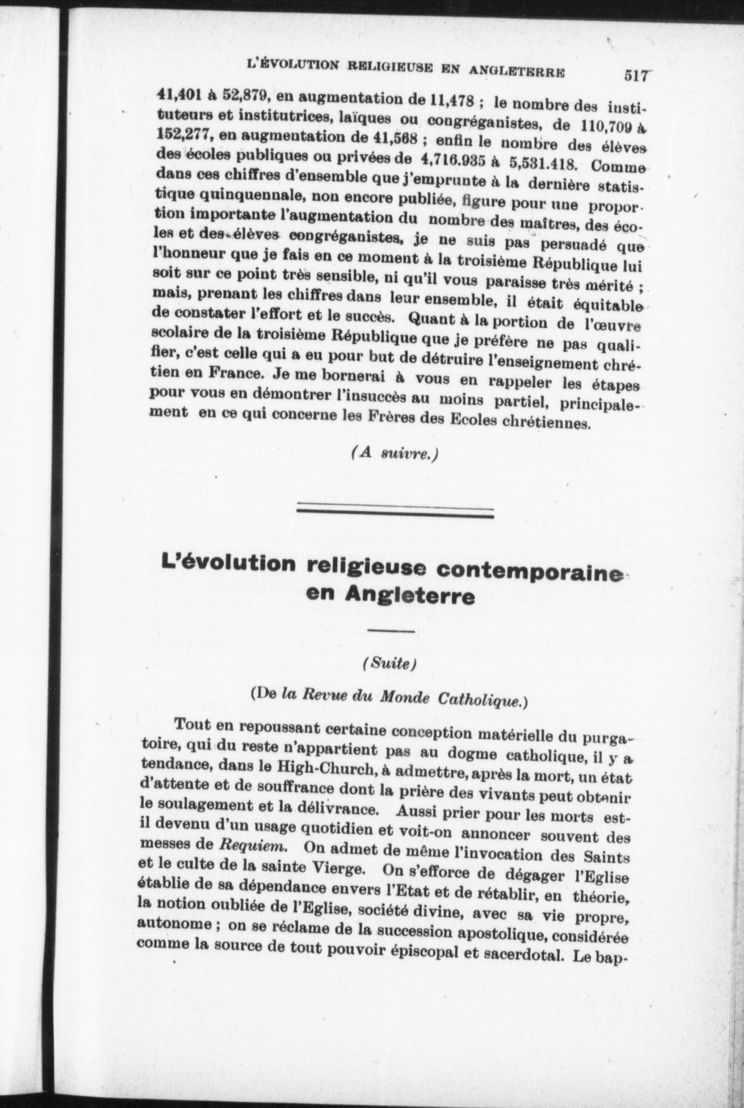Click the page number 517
635,76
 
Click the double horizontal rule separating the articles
395,512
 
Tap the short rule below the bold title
391,631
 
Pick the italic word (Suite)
390,664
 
